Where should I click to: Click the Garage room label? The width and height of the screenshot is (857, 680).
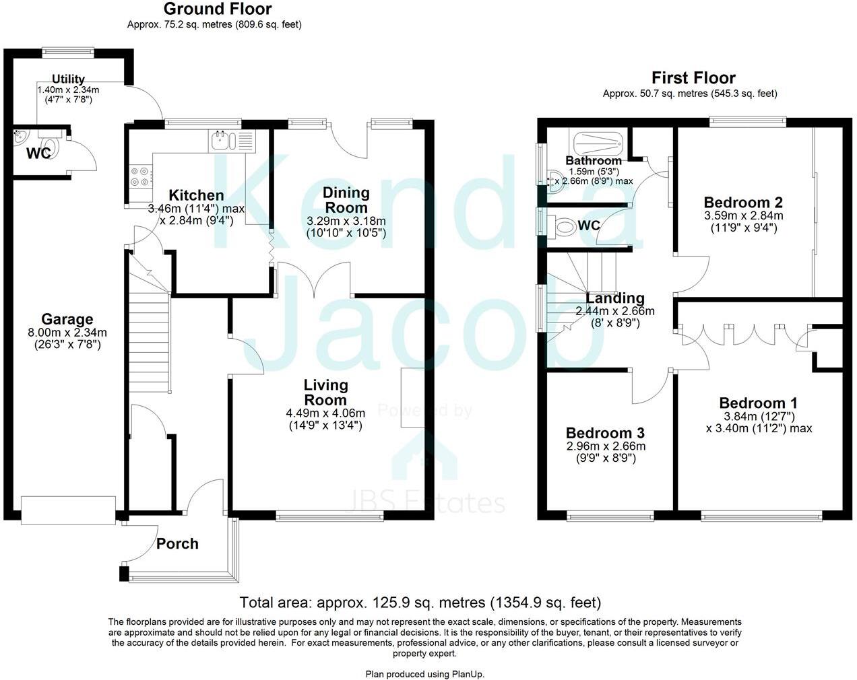pos(67,319)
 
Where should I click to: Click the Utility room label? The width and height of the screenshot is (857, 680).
pos(68,79)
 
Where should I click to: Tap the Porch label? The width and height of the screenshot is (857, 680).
pos(177,543)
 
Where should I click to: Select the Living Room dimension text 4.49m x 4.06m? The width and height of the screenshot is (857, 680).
pos(326,413)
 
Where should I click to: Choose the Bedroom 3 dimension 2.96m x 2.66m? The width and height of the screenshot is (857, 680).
pos(605,446)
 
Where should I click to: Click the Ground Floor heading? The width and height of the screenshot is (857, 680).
pos(218,9)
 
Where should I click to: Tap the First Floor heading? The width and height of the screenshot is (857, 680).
pos(693,77)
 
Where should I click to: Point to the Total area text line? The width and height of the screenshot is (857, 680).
pos(420,603)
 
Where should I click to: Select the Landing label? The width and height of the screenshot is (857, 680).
pos(615,298)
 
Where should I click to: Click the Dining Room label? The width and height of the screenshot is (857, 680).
pos(346,200)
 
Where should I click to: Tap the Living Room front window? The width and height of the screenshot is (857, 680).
pos(330,516)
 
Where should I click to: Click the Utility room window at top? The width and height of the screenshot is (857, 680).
pos(67,49)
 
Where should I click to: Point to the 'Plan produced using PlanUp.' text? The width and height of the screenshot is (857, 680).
pos(425,674)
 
